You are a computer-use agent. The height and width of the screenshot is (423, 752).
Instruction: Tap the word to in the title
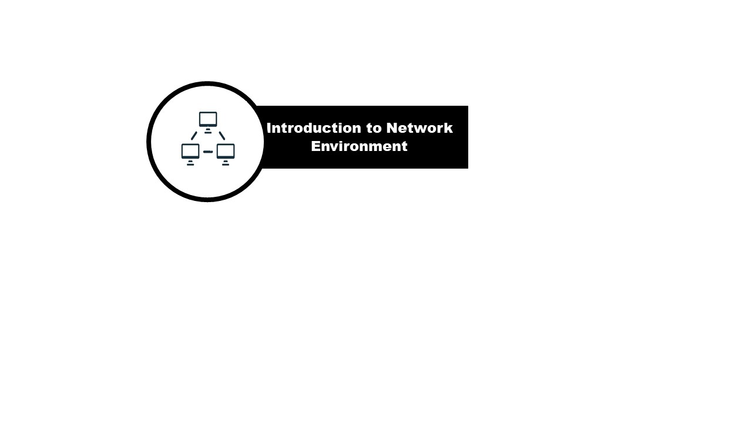tap(374, 128)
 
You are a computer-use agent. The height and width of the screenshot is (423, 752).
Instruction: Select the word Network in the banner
tap(419, 128)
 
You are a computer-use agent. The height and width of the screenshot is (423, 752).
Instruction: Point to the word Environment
tap(359, 146)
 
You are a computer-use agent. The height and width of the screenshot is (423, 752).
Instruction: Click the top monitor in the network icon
tap(208, 119)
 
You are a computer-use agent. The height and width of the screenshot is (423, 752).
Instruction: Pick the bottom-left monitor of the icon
tap(190, 151)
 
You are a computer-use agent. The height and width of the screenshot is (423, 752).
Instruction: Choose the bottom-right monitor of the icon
tap(226, 151)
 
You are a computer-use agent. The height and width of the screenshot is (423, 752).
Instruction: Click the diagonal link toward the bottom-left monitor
tap(194, 136)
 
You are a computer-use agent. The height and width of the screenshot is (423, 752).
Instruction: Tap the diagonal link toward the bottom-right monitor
tap(222, 136)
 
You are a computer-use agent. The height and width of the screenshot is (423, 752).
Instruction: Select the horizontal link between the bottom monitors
tap(208, 152)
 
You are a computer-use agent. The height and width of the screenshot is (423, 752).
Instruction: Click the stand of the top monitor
tap(208, 130)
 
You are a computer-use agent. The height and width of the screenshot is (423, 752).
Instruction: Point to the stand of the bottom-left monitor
tap(190, 163)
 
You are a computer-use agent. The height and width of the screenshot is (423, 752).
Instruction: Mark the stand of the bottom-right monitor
tap(226, 163)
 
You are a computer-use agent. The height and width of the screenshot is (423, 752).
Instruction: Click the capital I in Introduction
tap(269, 128)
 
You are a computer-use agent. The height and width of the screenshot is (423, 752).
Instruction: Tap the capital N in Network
tap(392, 128)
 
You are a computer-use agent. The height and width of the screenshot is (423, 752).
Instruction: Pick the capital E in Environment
tap(315, 146)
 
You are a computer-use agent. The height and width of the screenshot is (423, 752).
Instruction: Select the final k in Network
tap(449, 128)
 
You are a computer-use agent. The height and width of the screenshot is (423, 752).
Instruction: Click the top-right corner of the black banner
tap(468, 106)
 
